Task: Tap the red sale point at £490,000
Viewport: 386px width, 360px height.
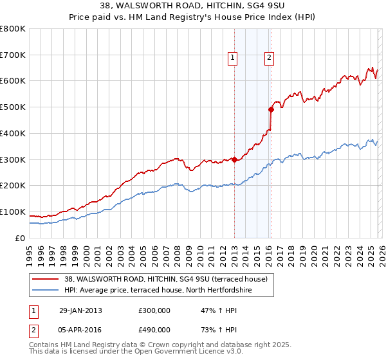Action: [271, 110]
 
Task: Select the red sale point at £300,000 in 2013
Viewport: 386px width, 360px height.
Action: [234, 159]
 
